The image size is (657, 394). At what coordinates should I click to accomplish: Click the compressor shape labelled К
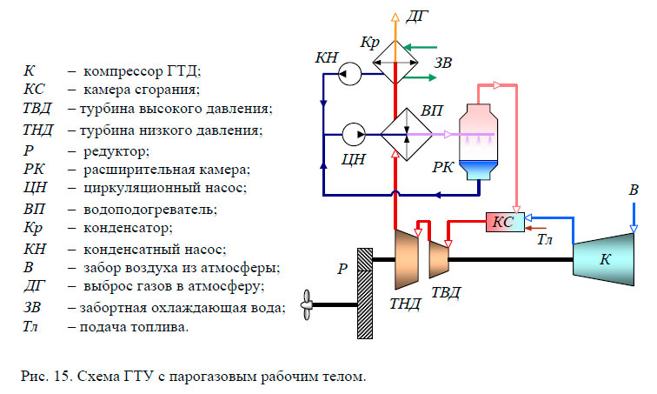603,258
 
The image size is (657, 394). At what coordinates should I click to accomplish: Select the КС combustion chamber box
503,223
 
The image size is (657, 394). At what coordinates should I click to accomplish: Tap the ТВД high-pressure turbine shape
439,259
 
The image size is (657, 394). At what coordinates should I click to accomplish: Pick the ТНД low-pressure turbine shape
407,258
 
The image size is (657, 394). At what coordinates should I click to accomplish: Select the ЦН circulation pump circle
353,135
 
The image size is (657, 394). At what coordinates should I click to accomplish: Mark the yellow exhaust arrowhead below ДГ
396,20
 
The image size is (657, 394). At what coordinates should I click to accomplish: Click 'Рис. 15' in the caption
44,377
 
